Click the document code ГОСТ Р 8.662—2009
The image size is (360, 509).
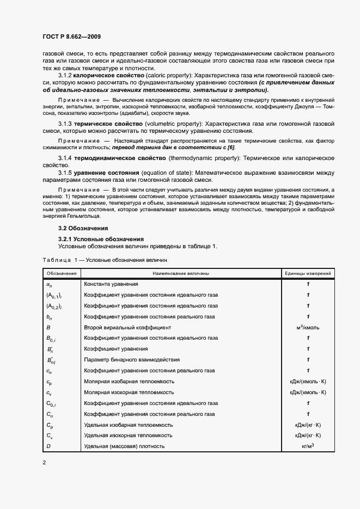(x=71, y=36)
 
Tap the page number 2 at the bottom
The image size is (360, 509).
(x=44, y=462)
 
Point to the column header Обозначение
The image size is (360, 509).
(x=62, y=273)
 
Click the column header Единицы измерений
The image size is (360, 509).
(x=308, y=273)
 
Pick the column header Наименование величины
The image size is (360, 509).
(x=180, y=273)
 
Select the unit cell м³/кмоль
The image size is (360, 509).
(x=308, y=327)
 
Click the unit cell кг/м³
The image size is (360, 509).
(x=308, y=446)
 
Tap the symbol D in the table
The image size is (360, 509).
(x=48, y=446)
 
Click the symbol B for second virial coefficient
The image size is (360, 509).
(x=48, y=327)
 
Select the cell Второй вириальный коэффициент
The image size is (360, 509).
(x=127, y=327)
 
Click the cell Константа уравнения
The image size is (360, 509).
(x=111, y=284)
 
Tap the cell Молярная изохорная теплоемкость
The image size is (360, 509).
(x=129, y=392)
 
